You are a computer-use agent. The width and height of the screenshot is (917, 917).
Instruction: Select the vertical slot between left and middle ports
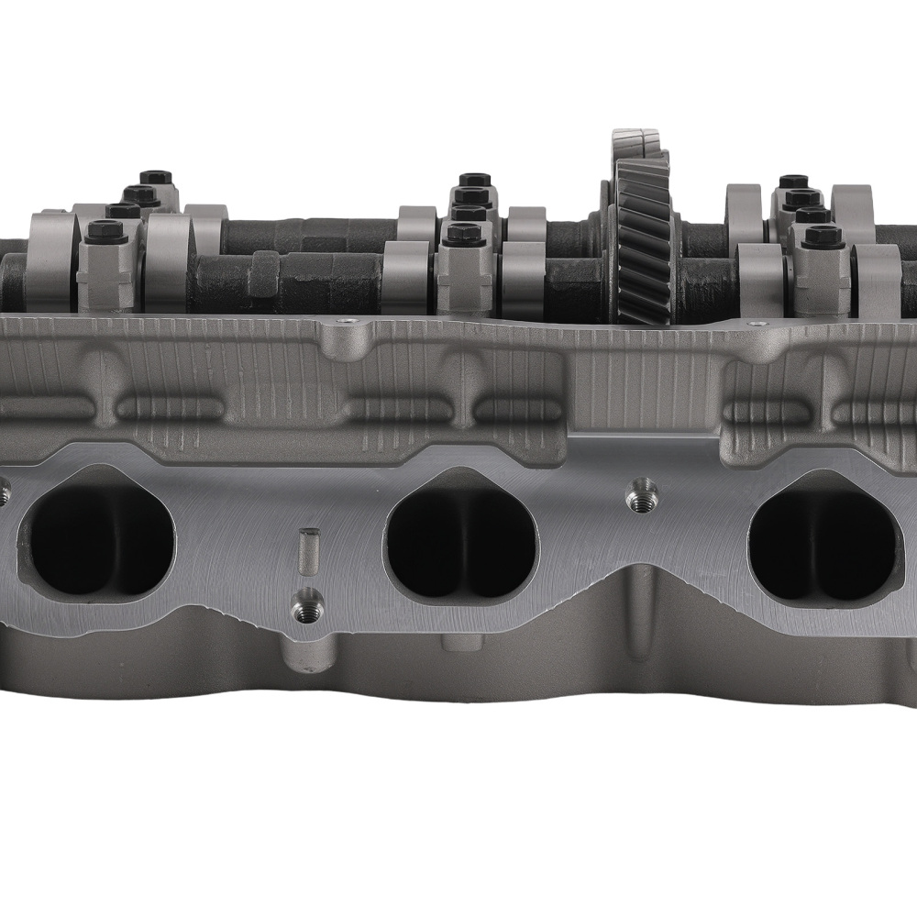[x=309, y=548]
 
